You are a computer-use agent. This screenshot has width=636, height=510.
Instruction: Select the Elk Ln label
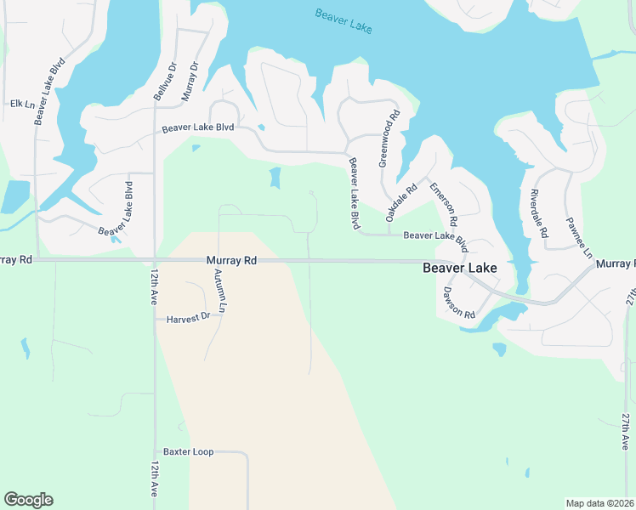21,104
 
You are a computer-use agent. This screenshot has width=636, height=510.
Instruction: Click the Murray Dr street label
190,82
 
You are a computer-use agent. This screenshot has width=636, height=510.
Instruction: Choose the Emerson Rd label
443,204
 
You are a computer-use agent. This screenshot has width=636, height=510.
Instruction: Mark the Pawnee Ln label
576,238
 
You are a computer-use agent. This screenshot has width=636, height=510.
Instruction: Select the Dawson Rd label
458,302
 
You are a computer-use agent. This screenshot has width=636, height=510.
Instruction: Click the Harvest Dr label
186,319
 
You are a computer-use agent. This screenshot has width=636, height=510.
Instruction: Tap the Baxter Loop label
188,452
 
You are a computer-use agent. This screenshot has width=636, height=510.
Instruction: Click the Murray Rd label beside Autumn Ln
231,261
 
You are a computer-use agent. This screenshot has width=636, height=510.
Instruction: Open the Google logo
28,500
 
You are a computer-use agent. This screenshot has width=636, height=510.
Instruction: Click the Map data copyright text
600,503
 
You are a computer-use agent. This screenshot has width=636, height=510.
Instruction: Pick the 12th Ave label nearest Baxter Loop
155,480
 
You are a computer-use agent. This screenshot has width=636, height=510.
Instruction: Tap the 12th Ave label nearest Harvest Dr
155,289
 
